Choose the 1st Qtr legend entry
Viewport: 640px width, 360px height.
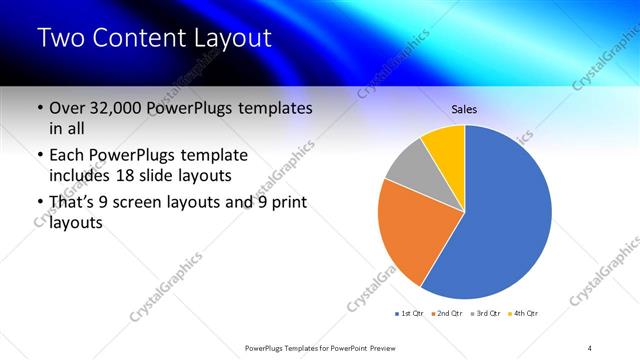(409, 314)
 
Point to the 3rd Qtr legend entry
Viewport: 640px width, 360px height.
(487, 314)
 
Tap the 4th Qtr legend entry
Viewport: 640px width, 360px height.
(525, 314)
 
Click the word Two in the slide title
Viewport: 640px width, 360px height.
(63, 39)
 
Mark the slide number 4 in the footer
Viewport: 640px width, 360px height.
(590, 347)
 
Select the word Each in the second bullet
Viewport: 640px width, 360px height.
(67, 156)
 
